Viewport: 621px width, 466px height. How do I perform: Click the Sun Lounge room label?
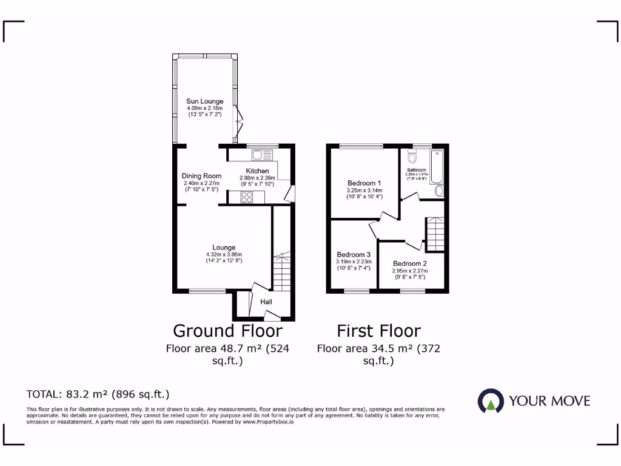(204, 101)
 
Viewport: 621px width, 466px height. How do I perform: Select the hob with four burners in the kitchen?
(247, 196)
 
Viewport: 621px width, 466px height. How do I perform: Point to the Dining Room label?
(201, 176)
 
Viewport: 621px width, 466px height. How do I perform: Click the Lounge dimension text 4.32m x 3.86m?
(224, 255)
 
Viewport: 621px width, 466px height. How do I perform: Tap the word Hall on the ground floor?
(266, 302)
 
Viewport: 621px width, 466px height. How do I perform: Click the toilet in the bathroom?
(412, 159)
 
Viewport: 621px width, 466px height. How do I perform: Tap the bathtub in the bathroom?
(437, 166)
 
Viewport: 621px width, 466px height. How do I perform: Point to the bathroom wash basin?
(440, 192)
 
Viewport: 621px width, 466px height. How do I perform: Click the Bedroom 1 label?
(364, 183)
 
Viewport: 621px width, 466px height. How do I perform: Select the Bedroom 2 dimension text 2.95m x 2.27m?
(409, 271)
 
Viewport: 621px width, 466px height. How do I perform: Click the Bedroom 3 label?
(353, 254)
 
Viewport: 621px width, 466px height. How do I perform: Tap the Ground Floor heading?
(227, 331)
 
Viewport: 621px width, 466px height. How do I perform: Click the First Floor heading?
(378, 331)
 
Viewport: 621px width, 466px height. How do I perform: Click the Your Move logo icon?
(490, 400)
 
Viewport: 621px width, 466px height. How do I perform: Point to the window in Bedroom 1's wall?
(361, 146)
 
